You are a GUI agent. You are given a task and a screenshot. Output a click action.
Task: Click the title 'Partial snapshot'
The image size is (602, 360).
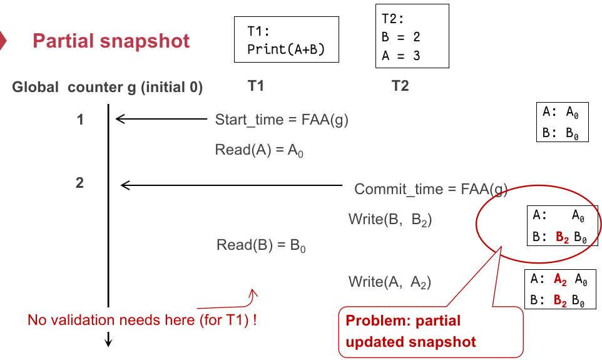(111, 41)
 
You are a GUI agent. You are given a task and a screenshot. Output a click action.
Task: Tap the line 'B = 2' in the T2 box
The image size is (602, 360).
(400, 37)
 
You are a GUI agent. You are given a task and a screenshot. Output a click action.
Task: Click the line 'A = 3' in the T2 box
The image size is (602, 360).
(400, 55)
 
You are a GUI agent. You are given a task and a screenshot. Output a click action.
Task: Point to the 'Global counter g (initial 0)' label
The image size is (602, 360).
(107, 88)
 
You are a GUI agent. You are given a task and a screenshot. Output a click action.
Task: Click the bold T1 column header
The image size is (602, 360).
(255, 86)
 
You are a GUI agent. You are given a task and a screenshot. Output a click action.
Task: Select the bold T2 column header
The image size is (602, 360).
(400, 86)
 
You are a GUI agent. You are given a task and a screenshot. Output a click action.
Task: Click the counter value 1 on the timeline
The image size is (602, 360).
(80, 119)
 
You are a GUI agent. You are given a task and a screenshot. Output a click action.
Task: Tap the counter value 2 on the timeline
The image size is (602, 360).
(79, 183)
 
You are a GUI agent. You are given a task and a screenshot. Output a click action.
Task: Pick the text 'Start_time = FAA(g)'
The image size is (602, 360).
(282, 120)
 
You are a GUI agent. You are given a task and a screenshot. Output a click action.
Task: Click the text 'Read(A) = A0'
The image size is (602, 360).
(259, 150)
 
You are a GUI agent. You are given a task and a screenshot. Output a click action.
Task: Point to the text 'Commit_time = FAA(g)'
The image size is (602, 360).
(431, 189)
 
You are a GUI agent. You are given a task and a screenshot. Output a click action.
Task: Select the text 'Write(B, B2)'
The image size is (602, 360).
(390, 219)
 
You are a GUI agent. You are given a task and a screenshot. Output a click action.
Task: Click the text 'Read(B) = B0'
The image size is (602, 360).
(262, 245)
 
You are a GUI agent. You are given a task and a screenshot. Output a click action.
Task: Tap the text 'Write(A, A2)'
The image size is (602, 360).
(390, 282)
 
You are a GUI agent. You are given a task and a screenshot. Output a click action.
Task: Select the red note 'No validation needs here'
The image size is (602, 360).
(143, 320)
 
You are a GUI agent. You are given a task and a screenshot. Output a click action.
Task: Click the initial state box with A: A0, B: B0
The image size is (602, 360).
(562, 122)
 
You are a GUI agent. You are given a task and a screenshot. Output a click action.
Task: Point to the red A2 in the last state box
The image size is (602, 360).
(561, 279)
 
